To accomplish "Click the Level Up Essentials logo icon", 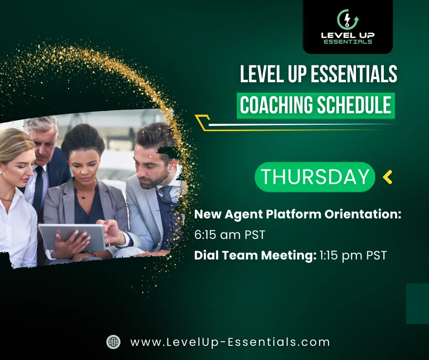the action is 348,20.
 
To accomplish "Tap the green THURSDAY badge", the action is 314,177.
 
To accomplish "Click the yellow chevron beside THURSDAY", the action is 387,177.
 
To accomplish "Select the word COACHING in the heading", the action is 276,105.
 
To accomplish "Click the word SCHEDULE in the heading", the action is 354,105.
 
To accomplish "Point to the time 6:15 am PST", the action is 230,235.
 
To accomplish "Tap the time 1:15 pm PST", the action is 353,255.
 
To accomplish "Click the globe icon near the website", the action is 113,342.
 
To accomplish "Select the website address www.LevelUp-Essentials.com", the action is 230,342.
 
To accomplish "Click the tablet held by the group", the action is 72,237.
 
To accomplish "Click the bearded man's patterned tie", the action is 166,194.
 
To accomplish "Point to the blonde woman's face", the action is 17,168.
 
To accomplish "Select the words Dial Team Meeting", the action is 255,256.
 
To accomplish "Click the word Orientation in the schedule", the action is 363,214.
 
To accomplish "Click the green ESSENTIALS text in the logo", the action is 348,42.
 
